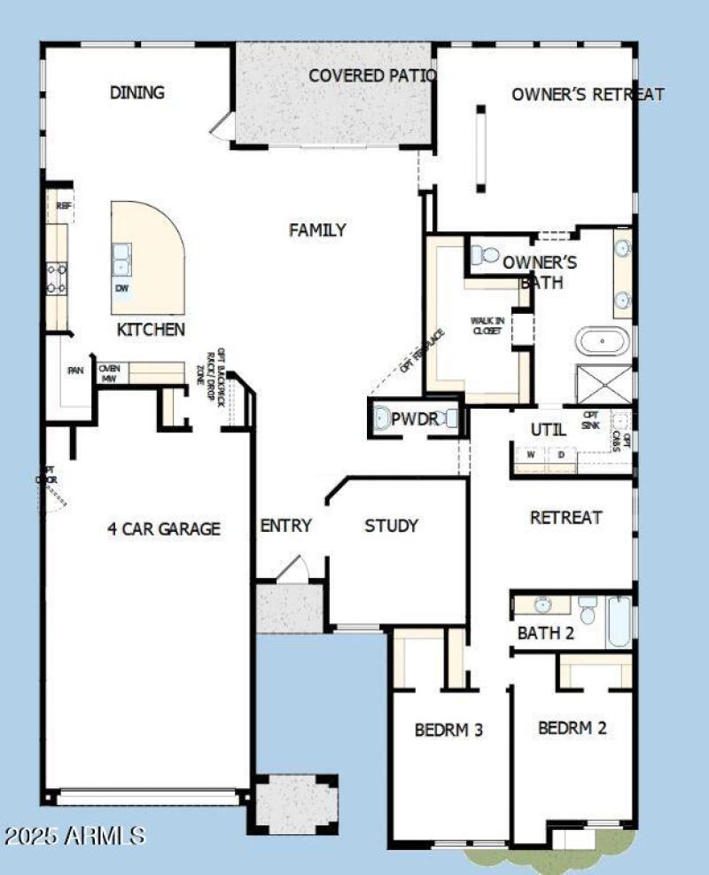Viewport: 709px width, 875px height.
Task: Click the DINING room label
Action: pyautogui.click(x=137, y=92)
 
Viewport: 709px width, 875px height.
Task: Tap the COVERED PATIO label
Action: pyautogui.click(x=372, y=76)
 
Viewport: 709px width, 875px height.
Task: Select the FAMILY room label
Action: pyautogui.click(x=317, y=230)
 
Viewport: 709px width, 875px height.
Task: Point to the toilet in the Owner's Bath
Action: pyautogui.click(x=485, y=256)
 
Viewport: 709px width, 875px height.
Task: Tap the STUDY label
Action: pyautogui.click(x=391, y=526)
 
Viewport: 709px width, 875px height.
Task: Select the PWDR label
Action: pyautogui.click(x=415, y=419)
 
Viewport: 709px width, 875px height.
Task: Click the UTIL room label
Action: pyautogui.click(x=548, y=430)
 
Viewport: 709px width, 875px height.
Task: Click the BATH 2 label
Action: pyautogui.click(x=546, y=633)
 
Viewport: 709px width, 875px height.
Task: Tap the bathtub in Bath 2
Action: pyautogui.click(x=619, y=622)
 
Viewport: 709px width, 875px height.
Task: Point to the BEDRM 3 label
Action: pyautogui.click(x=448, y=730)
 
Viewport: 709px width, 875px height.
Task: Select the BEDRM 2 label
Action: pyautogui.click(x=573, y=728)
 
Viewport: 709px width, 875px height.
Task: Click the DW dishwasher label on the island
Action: pyautogui.click(x=121, y=288)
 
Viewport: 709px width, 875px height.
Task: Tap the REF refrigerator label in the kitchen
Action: pyautogui.click(x=63, y=206)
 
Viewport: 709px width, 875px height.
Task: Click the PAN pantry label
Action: pyautogui.click(x=76, y=371)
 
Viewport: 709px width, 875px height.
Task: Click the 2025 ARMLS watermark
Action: pyautogui.click(x=74, y=835)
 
